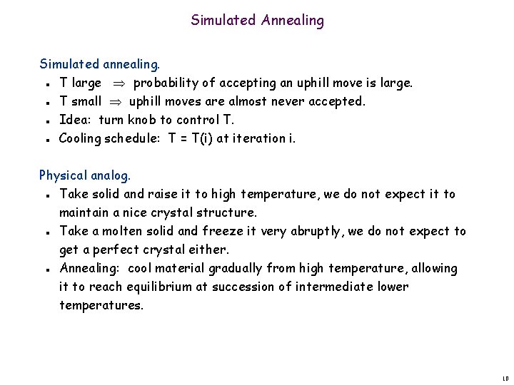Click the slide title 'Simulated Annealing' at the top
tap(257, 21)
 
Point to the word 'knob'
tap(143, 120)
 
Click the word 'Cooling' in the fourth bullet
tap(81, 138)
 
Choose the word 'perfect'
tap(113, 250)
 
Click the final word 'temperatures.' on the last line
tap(101, 305)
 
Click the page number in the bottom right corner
tap(505, 379)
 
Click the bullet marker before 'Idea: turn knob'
tap(45, 120)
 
